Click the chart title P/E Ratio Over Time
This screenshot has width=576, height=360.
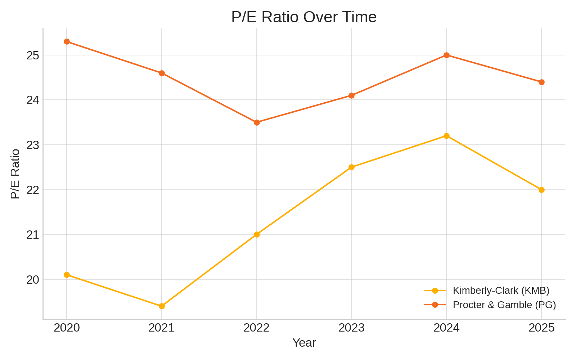point(304,17)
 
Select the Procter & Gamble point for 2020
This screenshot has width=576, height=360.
point(67,42)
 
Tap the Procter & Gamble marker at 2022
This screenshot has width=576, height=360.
point(257,122)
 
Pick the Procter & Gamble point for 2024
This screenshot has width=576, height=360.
point(446,55)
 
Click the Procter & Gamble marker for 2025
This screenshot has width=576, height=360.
point(541,82)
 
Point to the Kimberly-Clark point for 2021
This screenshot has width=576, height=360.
point(162,306)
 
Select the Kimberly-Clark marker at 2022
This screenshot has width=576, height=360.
point(257,234)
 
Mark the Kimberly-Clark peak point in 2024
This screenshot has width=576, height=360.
point(446,136)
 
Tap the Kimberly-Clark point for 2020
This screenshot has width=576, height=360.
point(67,275)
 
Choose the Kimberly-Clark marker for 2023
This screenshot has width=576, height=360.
point(351,167)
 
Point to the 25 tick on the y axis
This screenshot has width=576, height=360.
point(32,55)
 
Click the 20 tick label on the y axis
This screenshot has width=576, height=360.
point(32,280)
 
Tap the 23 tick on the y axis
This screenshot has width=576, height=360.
point(32,145)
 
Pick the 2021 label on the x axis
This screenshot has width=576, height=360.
point(162,328)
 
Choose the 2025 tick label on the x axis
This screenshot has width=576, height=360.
point(541,328)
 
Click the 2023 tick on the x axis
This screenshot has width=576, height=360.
point(351,328)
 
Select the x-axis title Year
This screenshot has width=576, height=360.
point(304,343)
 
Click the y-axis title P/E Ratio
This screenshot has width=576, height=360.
point(15,174)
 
